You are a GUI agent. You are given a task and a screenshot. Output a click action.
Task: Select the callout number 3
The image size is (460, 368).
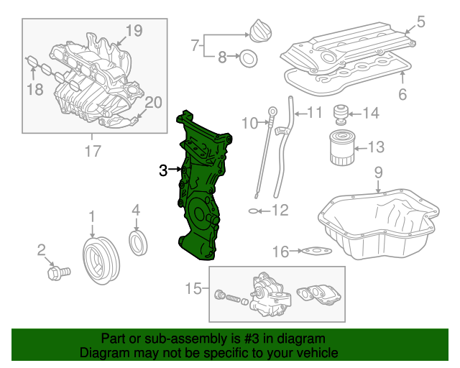point(163,170)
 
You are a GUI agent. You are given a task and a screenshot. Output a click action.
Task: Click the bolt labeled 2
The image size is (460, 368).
point(57,273)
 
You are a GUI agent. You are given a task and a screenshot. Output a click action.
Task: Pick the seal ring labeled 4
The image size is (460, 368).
point(137,242)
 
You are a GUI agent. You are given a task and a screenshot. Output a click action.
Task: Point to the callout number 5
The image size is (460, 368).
point(420,22)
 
